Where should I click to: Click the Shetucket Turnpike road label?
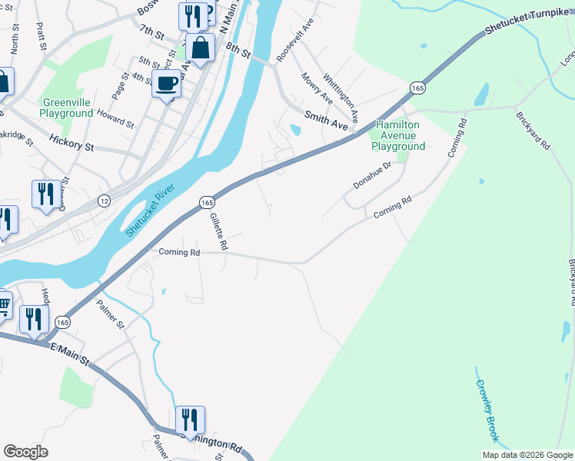click(x=529, y=29)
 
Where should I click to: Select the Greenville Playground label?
click(x=68, y=108)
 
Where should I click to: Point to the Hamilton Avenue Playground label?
click(x=398, y=135)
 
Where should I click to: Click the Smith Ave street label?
click(x=327, y=119)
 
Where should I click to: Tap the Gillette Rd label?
click(x=219, y=232)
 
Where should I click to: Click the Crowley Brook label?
click(x=487, y=411)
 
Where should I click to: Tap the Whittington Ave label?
click(x=341, y=98)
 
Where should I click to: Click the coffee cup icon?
click(x=166, y=84)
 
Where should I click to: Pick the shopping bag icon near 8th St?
click(x=200, y=48)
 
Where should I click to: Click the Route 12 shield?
click(x=104, y=200)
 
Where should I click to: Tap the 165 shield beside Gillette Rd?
click(x=206, y=202)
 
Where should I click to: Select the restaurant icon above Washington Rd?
click(x=190, y=420)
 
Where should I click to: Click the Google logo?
click(x=26, y=452)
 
